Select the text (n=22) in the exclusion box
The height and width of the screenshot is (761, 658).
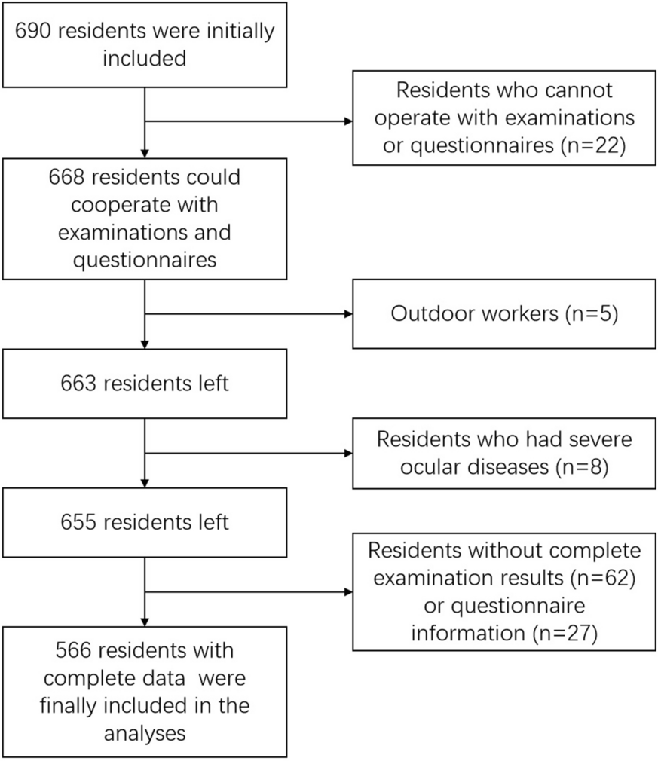coord(593,145)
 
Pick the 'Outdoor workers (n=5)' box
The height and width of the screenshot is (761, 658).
coord(504,313)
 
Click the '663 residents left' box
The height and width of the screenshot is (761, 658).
coord(145,384)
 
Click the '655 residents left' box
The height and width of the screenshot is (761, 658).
coord(145,522)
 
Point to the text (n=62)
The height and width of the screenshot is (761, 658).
coord(603,578)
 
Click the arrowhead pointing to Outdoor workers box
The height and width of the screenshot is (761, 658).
coord(348,314)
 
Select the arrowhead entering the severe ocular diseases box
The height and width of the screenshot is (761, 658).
coord(348,454)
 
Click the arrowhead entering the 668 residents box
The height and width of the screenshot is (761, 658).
coord(145,154)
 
